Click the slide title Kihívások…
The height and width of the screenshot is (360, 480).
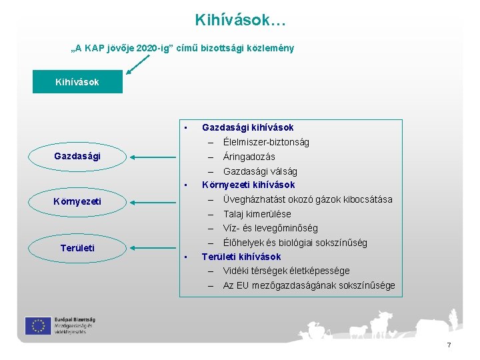[x=240, y=21]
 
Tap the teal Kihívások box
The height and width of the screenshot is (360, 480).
[x=77, y=82]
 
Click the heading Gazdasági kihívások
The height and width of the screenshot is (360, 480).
[x=247, y=127]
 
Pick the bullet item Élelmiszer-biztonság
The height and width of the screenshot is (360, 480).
[x=266, y=142]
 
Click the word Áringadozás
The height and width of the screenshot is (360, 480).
[x=249, y=157]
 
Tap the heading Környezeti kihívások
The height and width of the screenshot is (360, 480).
[x=248, y=185]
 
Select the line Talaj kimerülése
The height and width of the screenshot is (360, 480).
[x=257, y=214]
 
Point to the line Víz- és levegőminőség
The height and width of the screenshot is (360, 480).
[x=270, y=228]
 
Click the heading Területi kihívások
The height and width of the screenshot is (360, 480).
[x=241, y=257]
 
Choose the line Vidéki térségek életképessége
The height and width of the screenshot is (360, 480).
[x=286, y=271]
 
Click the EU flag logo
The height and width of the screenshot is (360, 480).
[x=38, y=325]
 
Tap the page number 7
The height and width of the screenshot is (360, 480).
[x=449, y=345]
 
